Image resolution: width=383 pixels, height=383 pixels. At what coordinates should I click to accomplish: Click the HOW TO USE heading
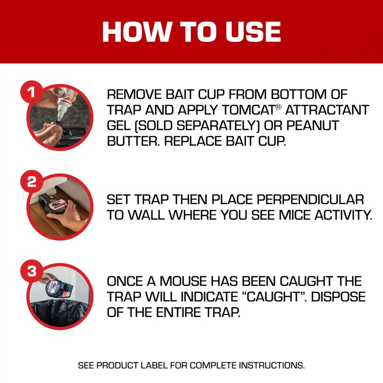coord(191,32)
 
